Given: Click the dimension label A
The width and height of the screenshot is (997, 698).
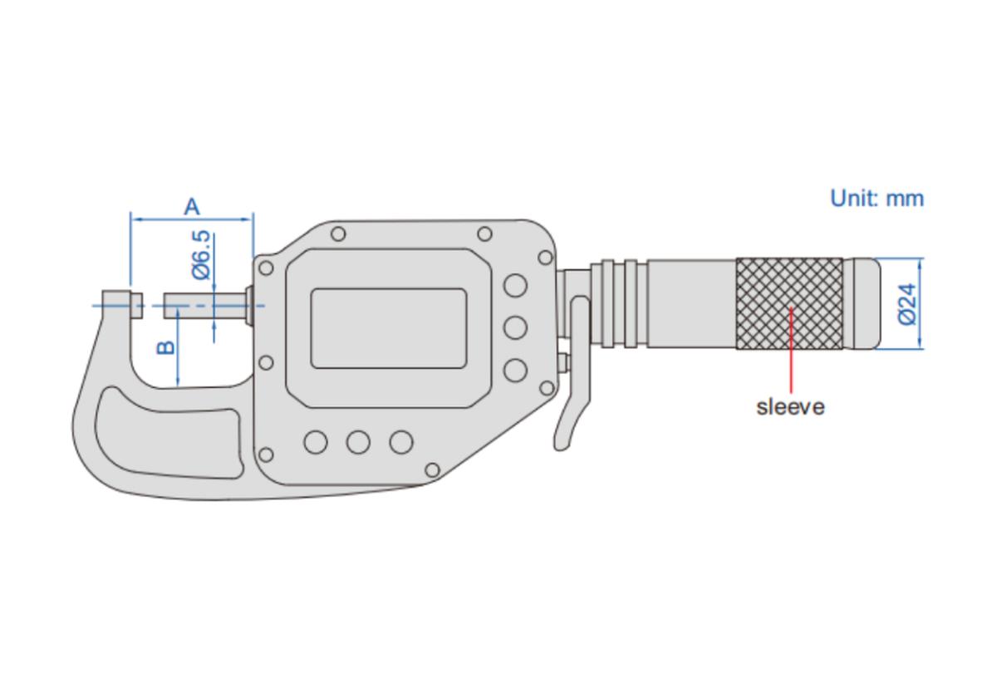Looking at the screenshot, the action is [192, 207].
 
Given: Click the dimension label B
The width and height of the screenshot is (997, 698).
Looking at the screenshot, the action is [166, 347].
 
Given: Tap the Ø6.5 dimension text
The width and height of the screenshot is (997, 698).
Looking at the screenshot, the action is [201, 254].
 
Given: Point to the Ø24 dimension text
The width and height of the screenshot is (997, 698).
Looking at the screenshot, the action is [907, 304].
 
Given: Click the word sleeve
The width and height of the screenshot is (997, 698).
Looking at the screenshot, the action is [790, 407].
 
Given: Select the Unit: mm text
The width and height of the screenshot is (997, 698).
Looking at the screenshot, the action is [877, 198].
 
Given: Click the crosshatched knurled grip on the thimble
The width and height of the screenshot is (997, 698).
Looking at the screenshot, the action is [789, 303].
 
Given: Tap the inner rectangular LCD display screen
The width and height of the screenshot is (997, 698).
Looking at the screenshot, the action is [389, 328].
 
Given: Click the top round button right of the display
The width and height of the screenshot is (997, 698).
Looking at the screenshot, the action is [515, 285].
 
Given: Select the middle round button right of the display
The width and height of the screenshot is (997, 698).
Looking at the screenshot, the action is [515, 327].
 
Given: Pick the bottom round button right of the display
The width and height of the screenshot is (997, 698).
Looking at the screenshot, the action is [515, 370].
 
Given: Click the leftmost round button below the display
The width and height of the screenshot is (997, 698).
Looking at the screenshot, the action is [316, 442].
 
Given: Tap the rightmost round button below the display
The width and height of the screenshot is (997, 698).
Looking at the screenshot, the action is [401, 442].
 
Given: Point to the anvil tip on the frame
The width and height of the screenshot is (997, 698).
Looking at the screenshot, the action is [136, 305].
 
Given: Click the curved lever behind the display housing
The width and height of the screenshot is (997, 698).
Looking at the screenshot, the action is [572, 373].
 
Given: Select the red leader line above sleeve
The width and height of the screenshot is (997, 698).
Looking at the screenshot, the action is [791, 350].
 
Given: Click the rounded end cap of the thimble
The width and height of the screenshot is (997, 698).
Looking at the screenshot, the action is [862, 303].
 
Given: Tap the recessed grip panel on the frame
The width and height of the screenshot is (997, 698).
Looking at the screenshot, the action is [169, 433].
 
